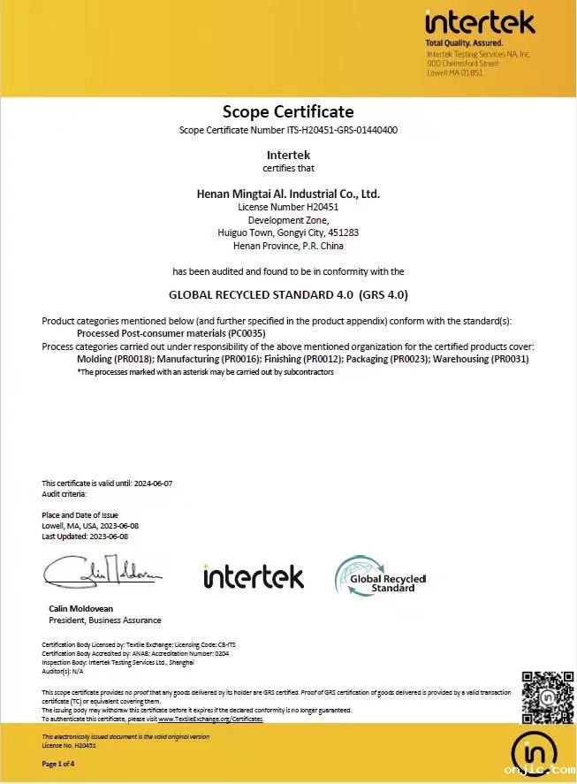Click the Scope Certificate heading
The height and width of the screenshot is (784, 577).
click(x=288, y=111)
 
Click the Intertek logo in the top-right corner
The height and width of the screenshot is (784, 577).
click(x=480, y=23)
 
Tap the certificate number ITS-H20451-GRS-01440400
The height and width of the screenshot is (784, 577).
click(x=342, y=131)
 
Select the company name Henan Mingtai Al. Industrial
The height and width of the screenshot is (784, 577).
click(x=288, y=193)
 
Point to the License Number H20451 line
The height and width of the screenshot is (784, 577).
click(x=288, y=207)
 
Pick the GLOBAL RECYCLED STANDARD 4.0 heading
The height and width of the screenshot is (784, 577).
click(x=288, y=294)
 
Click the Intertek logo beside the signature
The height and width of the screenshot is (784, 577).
click(x=253, y=576)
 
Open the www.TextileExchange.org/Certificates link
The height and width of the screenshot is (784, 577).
click(x=210, y=719)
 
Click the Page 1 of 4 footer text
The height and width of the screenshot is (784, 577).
click(x=59, y=764)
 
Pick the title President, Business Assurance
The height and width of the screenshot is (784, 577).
click(x=104, y=620)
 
